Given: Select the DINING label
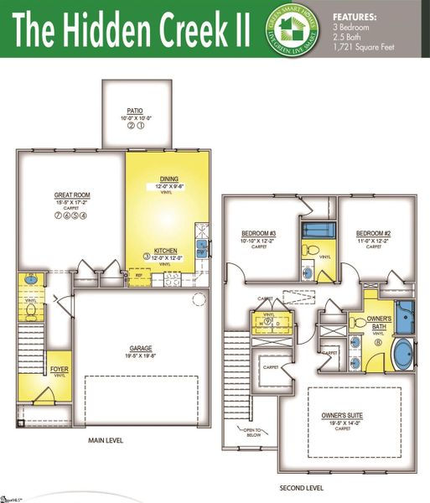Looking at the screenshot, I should coord(168,179).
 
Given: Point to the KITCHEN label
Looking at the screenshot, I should coord(164,251).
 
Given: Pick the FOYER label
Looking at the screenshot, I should coord(59,369).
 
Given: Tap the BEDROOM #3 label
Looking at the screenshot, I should coord(259,233).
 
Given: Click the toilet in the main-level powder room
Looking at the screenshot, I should coord(30,309).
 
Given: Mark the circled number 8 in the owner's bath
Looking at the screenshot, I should coord(378,342).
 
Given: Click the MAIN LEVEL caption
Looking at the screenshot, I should coord(106,440).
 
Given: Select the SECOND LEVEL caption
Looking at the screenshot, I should coord(299,487).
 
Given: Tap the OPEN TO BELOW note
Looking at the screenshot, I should coord(252,434).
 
